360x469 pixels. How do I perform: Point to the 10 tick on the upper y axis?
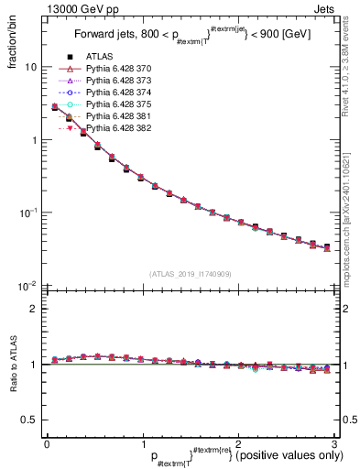point(31,68)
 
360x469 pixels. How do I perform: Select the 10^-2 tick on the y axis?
point(28,285)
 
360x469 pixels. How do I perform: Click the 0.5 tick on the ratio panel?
point(29,420)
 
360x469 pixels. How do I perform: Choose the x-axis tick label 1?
point(141,444)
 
